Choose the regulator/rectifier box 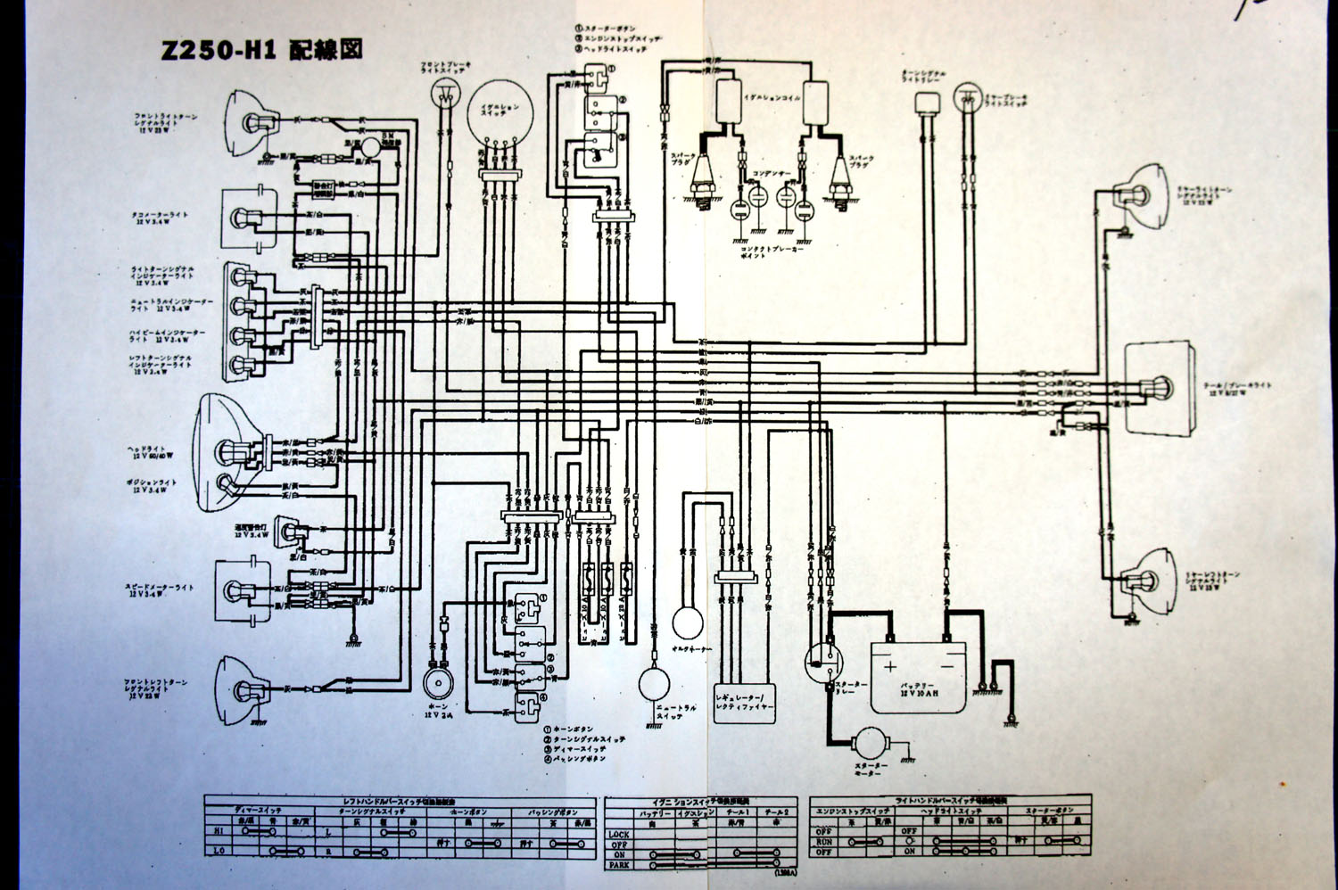(745, 697)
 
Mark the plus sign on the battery (889, 665)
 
